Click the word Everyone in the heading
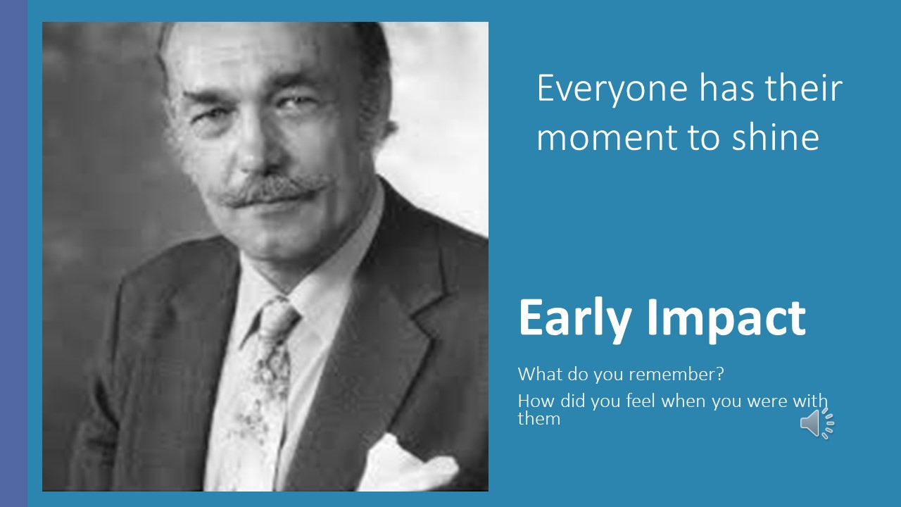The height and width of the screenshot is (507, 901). point(612,90)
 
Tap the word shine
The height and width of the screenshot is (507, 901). point(775,136)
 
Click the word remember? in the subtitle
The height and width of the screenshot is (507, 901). point(676,374)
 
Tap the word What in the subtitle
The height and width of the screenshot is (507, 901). point(540,374)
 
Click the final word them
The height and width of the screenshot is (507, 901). point(539,419)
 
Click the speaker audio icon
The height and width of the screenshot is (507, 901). point(817,423)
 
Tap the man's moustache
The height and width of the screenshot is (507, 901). point(275,190)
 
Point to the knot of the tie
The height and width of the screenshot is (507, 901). point(278,318)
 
